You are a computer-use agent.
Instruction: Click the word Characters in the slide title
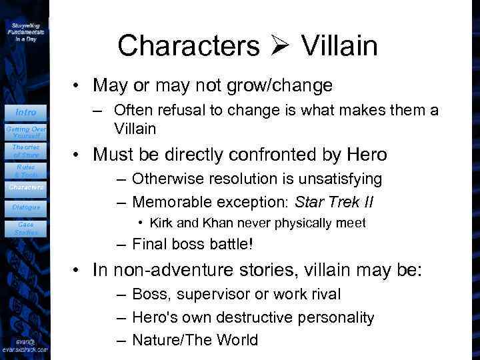[x=189, y=46]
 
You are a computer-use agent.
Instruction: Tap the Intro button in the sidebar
[x=27, y=112]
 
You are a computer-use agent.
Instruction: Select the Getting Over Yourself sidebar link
[x=27, y=131]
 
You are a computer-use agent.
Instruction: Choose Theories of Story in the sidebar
[x=27, y=151]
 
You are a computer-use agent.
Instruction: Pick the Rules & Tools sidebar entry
[x=27, y=171]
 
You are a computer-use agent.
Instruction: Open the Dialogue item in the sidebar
[x=27, y=207]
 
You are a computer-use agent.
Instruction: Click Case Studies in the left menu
[x=27, y=229]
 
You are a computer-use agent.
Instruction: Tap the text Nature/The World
[x=195, y=340]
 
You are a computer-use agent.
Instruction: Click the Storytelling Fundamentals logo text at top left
[x=25, y=31]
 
